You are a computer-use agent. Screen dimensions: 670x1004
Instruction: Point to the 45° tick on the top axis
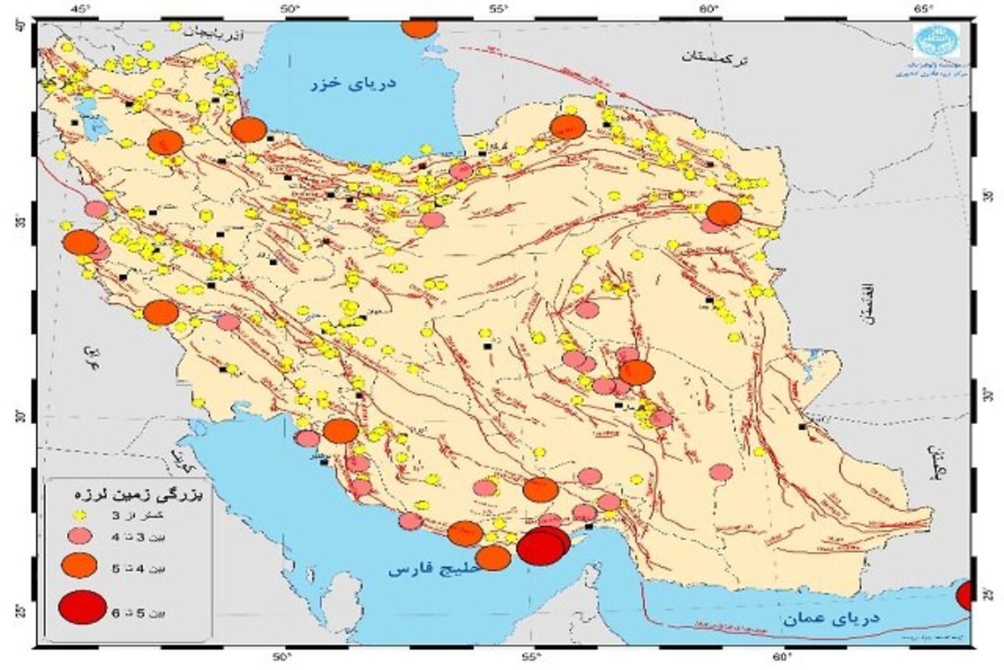point(80,8)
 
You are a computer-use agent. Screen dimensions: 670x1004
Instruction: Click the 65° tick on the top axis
point(924,8)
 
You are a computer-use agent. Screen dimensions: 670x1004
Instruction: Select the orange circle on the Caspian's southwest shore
point(248,130)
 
